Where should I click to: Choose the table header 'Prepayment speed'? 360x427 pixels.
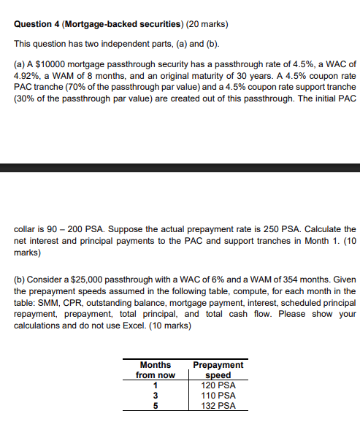218,370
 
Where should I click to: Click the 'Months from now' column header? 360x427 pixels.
156,370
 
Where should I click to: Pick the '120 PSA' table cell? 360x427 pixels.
218,385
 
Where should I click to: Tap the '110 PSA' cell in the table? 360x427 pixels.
218,396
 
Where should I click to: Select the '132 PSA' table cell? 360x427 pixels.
218,406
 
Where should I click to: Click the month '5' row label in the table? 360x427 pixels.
156,406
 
